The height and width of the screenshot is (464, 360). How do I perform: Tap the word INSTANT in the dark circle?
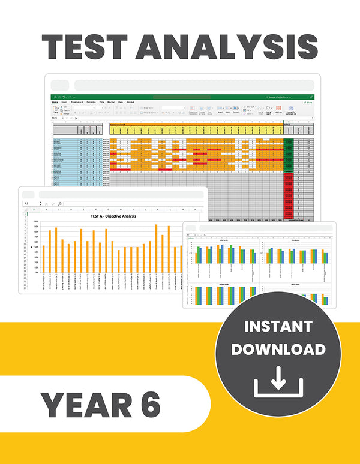(x=278, y=327)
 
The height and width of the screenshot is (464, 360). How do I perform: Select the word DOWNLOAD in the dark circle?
(x=278, y=349)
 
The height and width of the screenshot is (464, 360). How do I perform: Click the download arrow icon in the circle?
(x=278, y=382)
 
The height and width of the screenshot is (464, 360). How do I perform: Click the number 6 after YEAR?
(x=148, y=406)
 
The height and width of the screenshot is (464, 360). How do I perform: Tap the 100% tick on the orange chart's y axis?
(x=36, y=222)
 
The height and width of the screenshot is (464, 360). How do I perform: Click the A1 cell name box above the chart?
(x=27, y=204)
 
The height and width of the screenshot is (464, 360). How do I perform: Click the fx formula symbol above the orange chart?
(x=60, y=204)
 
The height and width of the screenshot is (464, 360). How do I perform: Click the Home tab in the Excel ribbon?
(x=55, y=103)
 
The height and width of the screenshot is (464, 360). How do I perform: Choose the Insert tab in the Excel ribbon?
(x=65, y=103)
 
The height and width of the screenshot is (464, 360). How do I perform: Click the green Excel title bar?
(x=180, y=97)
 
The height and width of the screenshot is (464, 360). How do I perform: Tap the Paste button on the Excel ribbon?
(x=55, y=110)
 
